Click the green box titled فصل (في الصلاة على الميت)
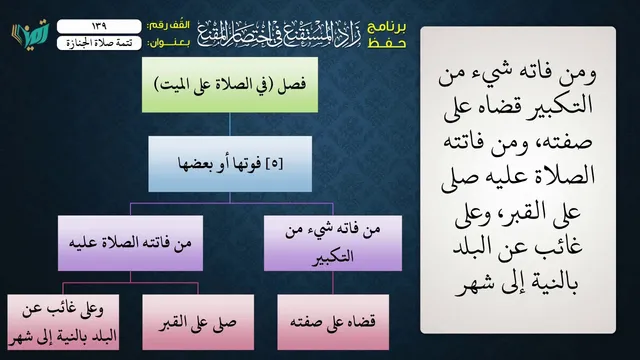230,85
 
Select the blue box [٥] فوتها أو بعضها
230,164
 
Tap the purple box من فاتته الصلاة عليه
130,243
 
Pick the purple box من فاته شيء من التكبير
333,243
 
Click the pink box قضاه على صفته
333,322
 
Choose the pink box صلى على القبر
198,322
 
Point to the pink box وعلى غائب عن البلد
63,322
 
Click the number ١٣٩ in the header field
99,26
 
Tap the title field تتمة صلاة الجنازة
99,43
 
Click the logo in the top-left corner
31,34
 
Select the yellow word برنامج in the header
387,27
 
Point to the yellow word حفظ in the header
387,43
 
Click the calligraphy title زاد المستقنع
280,33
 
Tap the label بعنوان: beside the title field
169,43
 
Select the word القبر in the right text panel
548,211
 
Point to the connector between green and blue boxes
230,124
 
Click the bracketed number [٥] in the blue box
274,164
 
